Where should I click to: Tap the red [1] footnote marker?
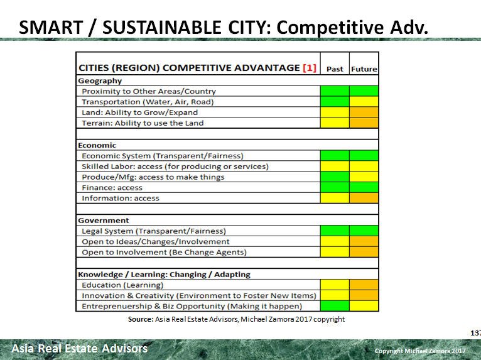[310, 68]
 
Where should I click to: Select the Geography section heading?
[100, 80]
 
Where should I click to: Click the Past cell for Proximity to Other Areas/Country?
[335, 91]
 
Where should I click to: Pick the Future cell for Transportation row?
[364, 102]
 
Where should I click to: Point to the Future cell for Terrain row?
[364, 123]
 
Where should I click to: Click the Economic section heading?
[97, 145]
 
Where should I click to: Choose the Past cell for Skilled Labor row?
[335, 166]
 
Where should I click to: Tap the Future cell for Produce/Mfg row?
[364, 177]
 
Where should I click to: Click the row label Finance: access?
[112, 188]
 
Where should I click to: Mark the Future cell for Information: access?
[364, 199]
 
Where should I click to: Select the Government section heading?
[104, 221]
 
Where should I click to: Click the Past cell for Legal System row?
[335, 231]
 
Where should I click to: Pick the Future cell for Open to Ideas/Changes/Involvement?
[364, 242]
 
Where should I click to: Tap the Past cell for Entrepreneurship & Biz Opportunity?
[335, 306]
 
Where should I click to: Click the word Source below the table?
[140, 319]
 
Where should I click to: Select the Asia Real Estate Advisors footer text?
[80, 348]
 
